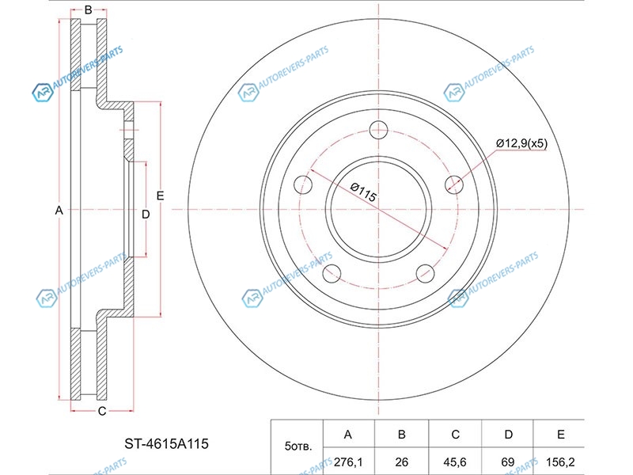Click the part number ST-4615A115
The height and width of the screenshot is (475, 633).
pos(166,444)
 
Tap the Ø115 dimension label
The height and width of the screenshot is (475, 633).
pos(363,192)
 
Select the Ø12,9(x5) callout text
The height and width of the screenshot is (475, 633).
pos(521,143)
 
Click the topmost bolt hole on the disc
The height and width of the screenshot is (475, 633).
pos(379,130)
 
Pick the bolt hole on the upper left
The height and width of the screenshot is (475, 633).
pos(303,184)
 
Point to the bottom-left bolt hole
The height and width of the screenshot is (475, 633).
pos(332,274)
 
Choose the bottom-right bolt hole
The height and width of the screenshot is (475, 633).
pos(425,274)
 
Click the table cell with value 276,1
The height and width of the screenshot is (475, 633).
pos(348,462)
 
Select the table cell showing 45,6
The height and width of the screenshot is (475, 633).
pos(455,462)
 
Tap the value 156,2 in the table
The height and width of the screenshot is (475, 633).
pos(560,462)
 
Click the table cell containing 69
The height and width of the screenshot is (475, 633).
pos(508,462)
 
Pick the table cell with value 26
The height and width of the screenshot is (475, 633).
pos(402,462)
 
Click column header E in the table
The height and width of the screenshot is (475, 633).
pos(561,434)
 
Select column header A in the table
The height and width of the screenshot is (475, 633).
pos(348,434)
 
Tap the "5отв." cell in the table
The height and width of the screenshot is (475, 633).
pos(298,446)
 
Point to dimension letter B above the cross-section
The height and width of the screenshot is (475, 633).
pos(89,10)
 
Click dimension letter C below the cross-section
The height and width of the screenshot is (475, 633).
pos(102,411)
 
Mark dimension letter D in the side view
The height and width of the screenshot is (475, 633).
pos(146,215)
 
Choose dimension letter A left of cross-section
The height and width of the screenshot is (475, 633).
pos(59,211)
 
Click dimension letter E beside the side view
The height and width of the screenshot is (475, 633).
pos(161,196)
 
